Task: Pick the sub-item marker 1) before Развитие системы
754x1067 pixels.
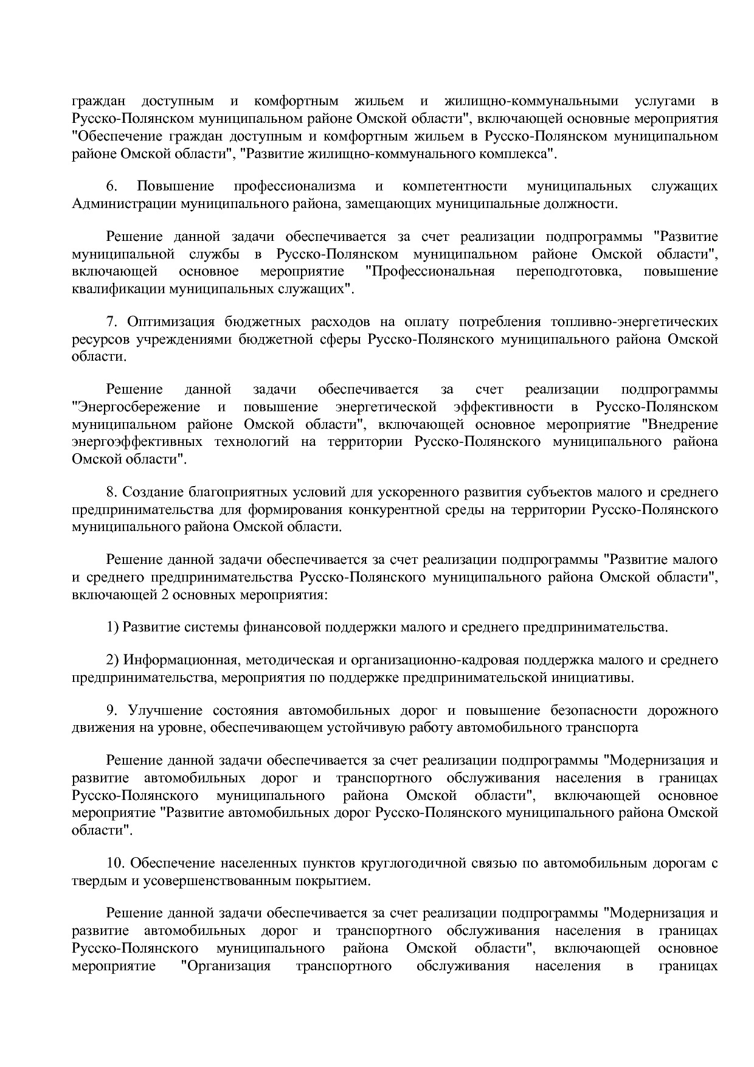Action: coord(112,627)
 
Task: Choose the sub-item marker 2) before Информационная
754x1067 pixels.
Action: coord(112,660)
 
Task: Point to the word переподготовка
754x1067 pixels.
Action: coord(569,271)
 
